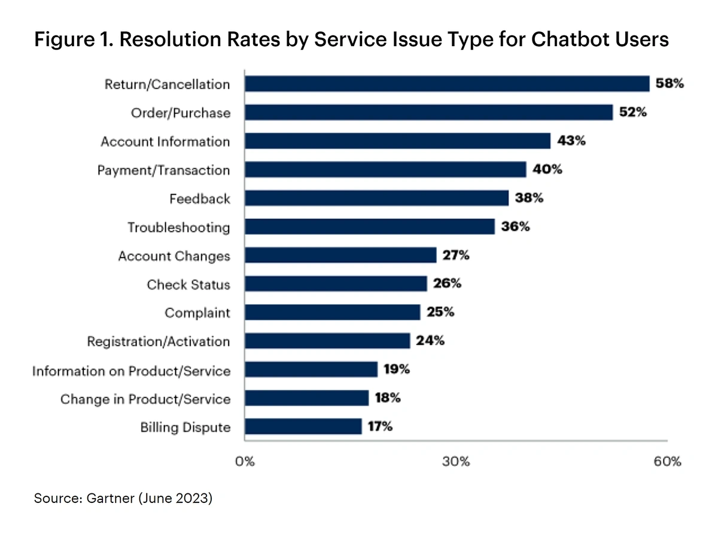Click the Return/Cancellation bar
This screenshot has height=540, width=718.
pos(447,84)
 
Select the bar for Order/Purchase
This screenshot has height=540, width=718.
pos(428,113)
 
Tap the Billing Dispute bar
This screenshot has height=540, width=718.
pos(303,427)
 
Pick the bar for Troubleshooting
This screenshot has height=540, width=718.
pos(370,227)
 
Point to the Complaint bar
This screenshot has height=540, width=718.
pos(333,313)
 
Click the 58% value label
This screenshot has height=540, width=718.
pos(669,84)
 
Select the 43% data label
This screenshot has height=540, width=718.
pos(571,141)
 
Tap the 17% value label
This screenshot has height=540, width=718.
pos(380,427)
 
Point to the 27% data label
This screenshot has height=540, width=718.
pos(457,256)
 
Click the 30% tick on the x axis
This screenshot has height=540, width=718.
pos(457,462)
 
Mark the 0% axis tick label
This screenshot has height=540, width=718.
pos(245,462)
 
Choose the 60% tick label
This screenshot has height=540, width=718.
pos(667,462)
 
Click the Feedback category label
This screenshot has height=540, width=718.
pos(200,199)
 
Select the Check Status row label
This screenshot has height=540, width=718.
pos(188,284)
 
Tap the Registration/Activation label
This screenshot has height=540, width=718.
pos(159,342)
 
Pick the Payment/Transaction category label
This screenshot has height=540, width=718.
pos(163,171)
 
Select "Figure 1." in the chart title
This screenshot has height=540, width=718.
pos(66,40)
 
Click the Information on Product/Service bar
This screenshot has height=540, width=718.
pos(311,370)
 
